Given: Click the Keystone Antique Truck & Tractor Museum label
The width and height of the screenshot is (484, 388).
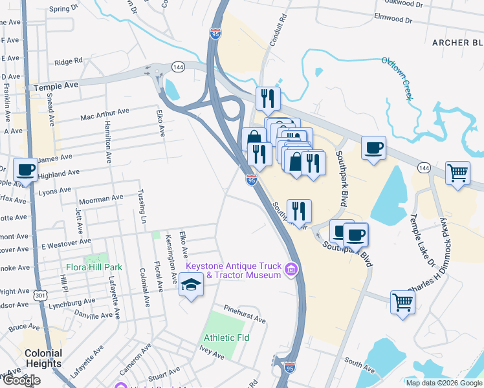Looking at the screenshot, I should tap(234, 270).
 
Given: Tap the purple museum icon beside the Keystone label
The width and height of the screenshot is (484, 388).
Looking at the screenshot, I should tap(292, 268).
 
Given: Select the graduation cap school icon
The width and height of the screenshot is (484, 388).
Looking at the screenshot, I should tap(191, 285).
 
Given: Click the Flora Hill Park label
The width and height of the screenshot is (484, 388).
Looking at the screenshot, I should tap(94, 266).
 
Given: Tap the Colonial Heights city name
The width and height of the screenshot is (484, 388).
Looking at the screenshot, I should tap(43, 358).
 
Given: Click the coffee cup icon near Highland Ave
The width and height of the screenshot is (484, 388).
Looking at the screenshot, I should tap(25, 171).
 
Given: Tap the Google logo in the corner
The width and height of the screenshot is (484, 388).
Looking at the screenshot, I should tap(21, 380).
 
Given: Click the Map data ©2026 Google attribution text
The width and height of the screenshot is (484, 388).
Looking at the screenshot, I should tap(443, 382).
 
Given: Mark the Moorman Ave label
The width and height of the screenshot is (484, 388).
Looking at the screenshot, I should tap(100, 198).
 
